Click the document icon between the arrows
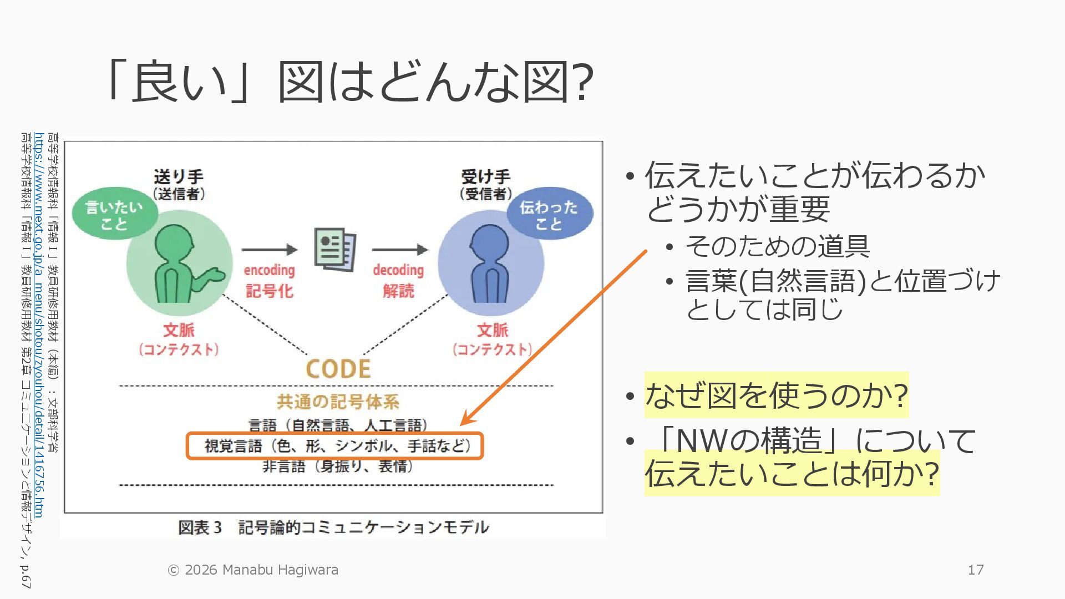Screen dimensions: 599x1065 point(334,250)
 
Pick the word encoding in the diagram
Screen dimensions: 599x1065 point(269,270)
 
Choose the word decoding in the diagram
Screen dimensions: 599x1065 point(398,270)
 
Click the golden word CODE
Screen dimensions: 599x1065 point(338,369)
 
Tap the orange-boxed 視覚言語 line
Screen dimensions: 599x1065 point(335,446)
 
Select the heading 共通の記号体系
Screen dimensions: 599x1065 point(338,401)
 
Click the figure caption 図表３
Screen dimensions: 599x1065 point(333,527)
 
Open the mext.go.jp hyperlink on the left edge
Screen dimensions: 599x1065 point(38,324)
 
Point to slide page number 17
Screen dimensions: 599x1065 point(976,570)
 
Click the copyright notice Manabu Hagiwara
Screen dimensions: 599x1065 point(253,570)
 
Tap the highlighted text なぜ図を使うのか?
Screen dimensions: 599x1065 point(776,395)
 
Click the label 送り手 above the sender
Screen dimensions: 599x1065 point(179,177)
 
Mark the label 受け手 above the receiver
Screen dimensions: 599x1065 point(485,177)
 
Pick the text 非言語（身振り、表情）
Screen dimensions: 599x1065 point(338,466)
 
